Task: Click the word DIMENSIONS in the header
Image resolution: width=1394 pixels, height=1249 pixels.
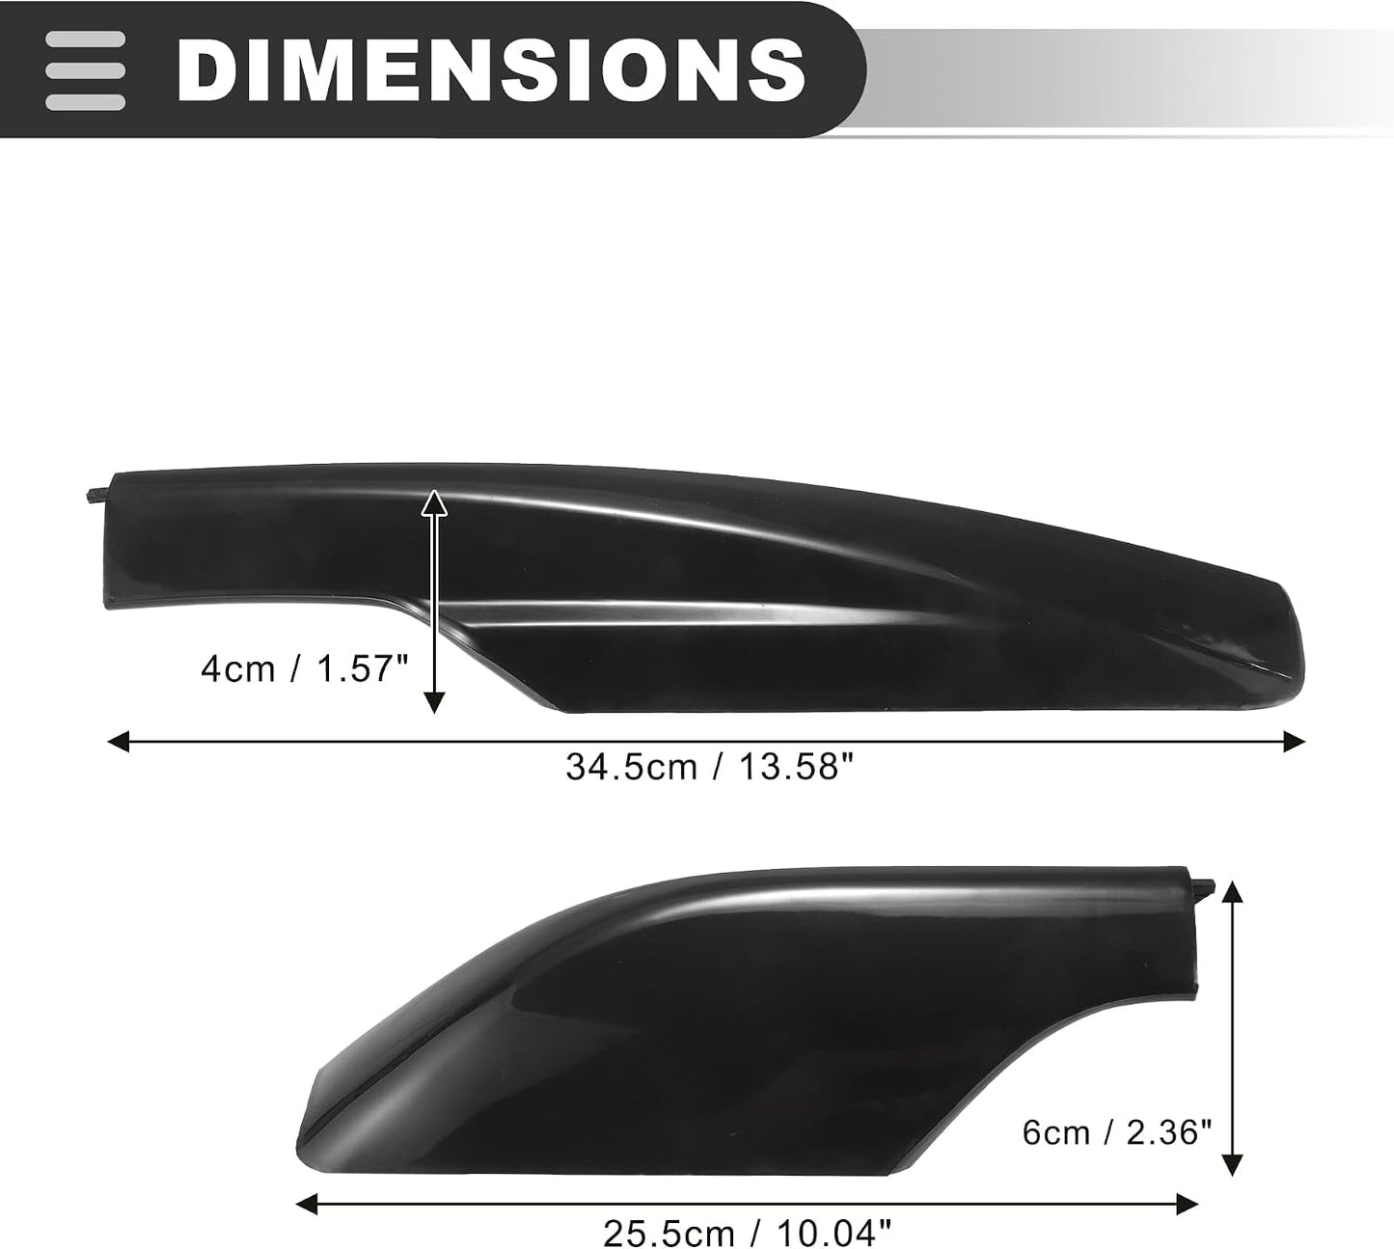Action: [491, 70]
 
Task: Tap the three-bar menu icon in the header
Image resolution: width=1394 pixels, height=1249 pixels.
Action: [85, 70]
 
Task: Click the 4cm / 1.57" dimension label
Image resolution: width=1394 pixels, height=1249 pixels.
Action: [305, 669]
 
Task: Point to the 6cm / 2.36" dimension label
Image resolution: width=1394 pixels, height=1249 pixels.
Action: [1117, 1132]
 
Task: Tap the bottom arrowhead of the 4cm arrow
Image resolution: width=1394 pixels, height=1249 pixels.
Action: [434, 703]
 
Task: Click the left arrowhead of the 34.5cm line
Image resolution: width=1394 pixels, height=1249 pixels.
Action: [119, 742]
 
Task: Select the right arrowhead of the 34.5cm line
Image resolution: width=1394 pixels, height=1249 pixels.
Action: [1295, 742]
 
